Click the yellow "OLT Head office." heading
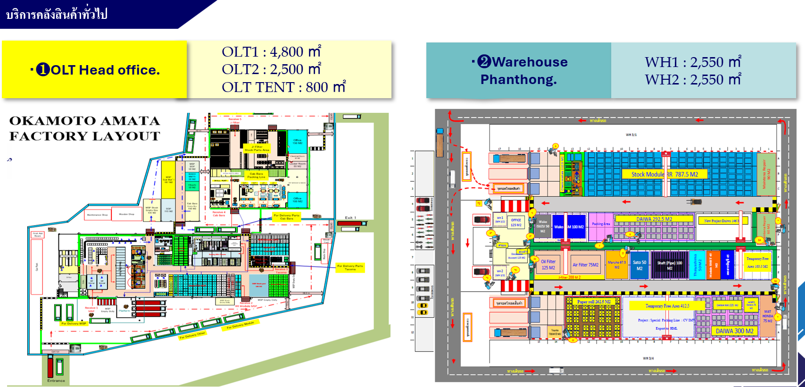click(95, 70)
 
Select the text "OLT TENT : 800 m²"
click(283, 87)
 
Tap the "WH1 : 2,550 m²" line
click(692, 62)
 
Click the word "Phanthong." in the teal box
click(518, 79)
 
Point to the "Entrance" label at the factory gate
click(56, 380)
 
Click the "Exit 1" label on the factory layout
click(350, 218)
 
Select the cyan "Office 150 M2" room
click(297, 141)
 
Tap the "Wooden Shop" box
click(126, 214)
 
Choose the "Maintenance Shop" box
click(97, 215)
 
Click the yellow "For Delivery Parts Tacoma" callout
click(350, 268)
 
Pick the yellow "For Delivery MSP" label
click(74, 323)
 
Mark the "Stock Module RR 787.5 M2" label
click(664, 174)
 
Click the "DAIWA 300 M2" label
click(734, 331)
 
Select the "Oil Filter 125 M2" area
click(548, 265)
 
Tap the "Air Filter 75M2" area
click(585, 265)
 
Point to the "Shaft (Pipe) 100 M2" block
click(669, 265)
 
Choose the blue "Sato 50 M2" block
click(639, 265)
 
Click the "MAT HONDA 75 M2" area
click(768, 316)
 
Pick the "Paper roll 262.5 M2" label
click(594, 302)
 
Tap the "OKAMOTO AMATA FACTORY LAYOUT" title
click(85, 128)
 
